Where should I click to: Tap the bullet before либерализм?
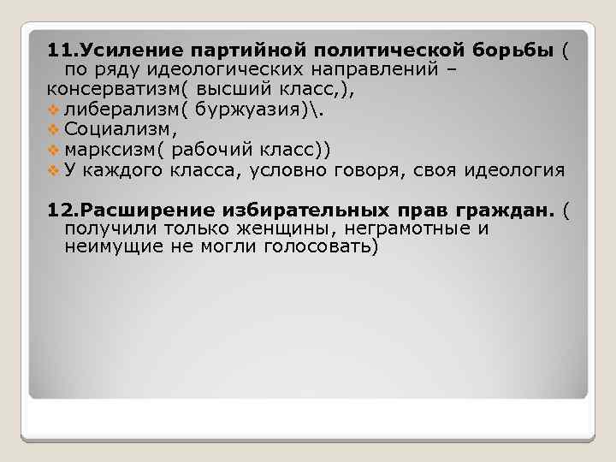[54, 109]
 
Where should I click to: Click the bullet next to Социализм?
[54, 130]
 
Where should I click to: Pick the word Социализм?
[117, 129]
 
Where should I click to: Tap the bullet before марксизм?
[54, 151]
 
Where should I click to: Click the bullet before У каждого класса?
[54, 171]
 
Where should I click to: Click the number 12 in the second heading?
[56, 210]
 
